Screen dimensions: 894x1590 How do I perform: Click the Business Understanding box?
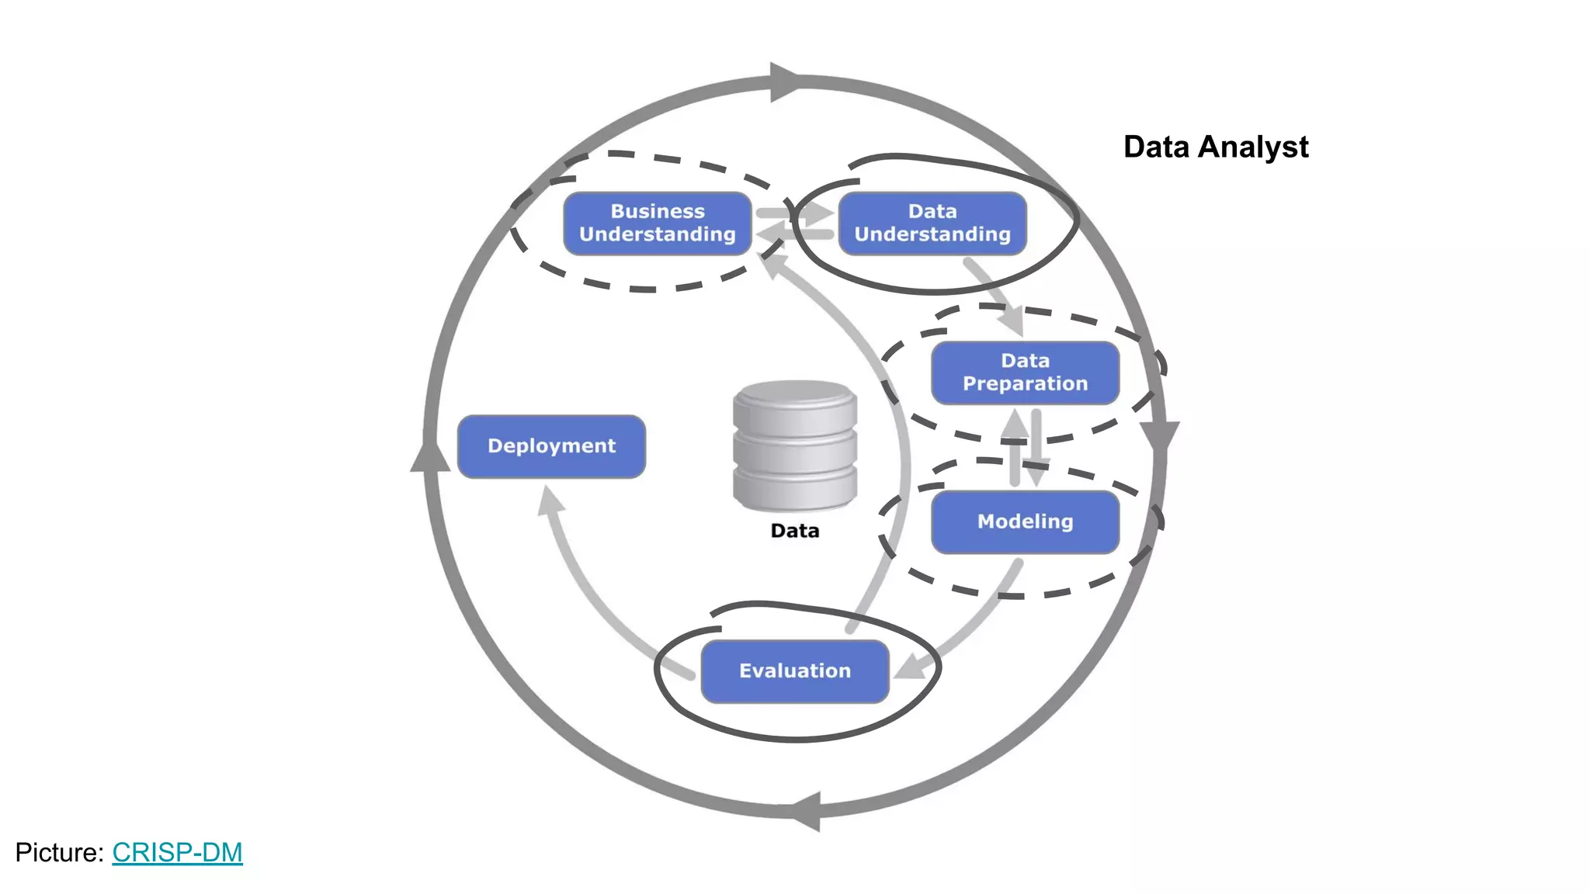tap(657, 223)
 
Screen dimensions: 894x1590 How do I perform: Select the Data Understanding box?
tap(932, 223)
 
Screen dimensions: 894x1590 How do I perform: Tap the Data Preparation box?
tap(1025, 372)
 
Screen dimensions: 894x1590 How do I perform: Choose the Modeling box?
tap(1025, 521)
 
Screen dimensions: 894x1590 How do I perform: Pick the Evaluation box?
tap(794, 671)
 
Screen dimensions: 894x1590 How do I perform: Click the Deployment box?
tap(551, 446)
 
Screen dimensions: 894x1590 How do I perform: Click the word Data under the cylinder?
tap(794, 531)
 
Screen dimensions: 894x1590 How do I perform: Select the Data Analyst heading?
tap(1215, 147)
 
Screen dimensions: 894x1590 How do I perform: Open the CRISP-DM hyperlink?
tap(177, 852)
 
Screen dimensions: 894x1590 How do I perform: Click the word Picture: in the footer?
tap(59, 852)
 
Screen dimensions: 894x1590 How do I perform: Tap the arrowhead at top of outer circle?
tap(784, 81)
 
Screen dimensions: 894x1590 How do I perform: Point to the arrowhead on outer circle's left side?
tap(429, 456)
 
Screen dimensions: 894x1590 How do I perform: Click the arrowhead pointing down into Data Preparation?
tap(1012, 320)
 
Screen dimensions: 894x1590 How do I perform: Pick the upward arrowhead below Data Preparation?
tap(1015, 424)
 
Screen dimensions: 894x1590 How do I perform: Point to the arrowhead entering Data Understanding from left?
tap(818, 213)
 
